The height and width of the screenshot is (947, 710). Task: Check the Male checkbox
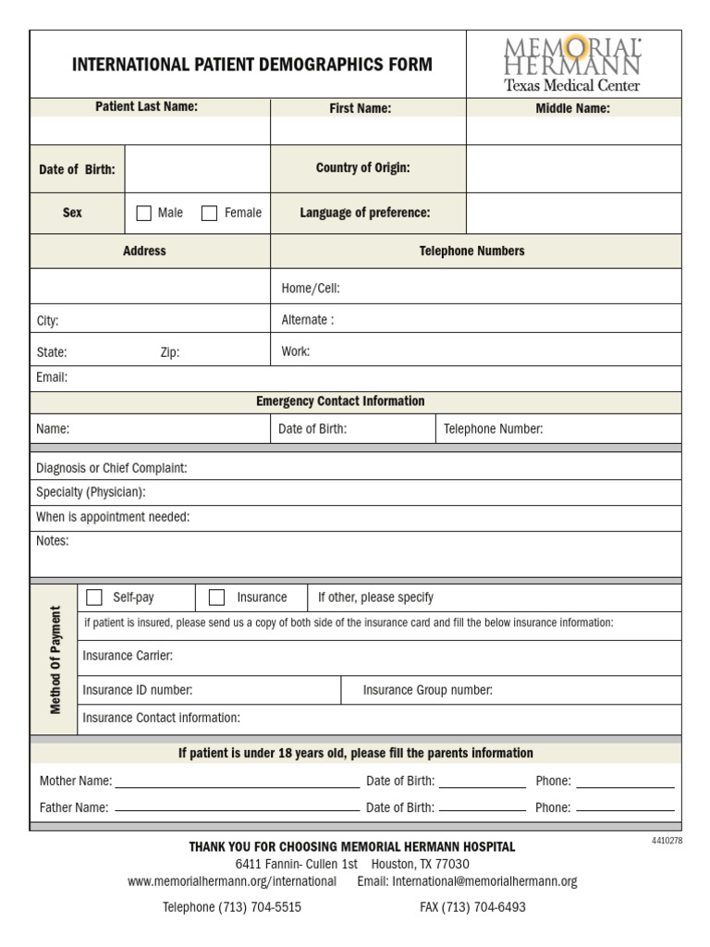point(143,213)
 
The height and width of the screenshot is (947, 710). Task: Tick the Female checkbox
point(210,213)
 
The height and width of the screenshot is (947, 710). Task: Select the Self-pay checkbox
point(94,597)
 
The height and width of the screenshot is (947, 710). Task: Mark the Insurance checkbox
point(217,597)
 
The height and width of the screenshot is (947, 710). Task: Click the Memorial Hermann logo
point(572,64)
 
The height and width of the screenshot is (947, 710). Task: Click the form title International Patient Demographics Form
point(252,65)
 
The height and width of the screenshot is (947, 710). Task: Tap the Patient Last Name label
point(147,107)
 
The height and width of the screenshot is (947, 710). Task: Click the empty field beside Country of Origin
point(573,168)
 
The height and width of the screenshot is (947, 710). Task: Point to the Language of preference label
point(365,213)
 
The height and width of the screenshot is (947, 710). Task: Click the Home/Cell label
point(311,289)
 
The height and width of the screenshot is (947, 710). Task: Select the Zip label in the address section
point(170,352)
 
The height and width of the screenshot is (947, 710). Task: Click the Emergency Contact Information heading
point(340,401)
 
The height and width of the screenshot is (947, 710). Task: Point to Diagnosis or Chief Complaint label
point(112,468)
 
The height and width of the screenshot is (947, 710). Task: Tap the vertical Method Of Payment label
point(55,659)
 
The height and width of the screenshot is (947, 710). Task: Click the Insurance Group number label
point(427,690)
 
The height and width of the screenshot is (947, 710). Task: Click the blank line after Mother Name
point(237,782)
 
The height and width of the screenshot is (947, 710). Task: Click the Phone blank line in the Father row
point(624,809)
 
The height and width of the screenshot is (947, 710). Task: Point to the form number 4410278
point(666,841)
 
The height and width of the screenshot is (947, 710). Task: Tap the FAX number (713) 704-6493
point(472,907)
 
